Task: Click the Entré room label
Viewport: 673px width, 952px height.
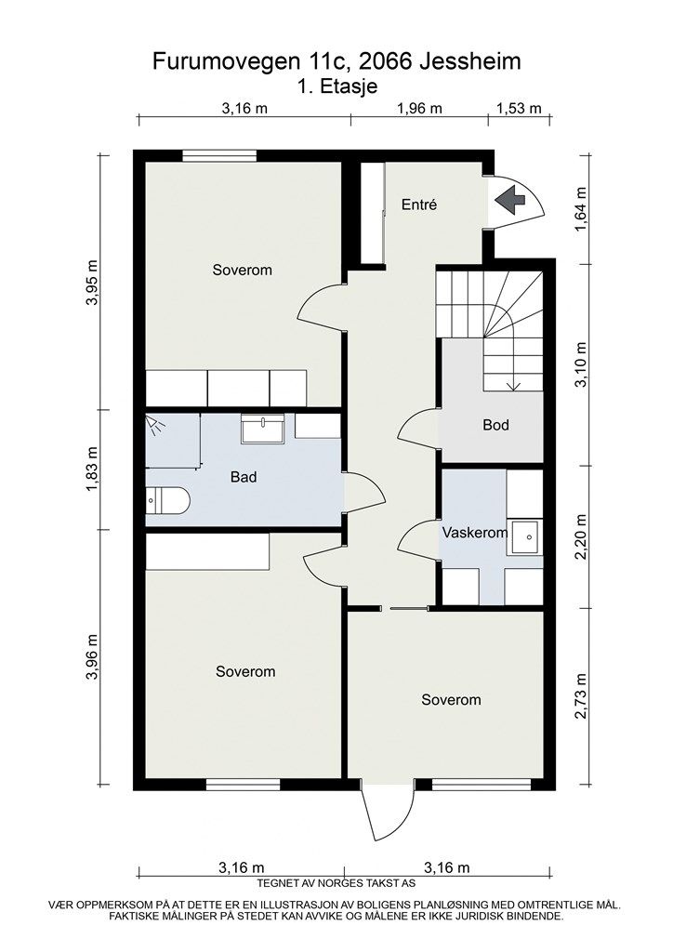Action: (x=418, y=205)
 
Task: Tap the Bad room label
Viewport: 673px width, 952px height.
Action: (x=244, y=477)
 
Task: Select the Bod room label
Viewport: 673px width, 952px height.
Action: (x=495, y=425)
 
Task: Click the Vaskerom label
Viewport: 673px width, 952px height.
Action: (x=474, y=533)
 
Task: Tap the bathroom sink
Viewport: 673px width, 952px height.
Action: (x=264, y=429)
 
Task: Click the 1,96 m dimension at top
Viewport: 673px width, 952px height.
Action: (x=419, y=108)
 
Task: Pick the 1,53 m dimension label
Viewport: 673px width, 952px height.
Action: (x=519, y=108)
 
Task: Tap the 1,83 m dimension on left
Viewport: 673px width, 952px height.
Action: (x=92, y=469)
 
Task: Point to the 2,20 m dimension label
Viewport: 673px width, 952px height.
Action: (x=581, y=537)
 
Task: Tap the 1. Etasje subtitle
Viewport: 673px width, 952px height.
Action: (x=336, y=86)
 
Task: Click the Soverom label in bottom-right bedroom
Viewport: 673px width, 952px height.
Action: (x=451, y=699)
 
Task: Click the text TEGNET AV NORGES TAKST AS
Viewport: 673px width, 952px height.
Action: (x=336, y=883)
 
